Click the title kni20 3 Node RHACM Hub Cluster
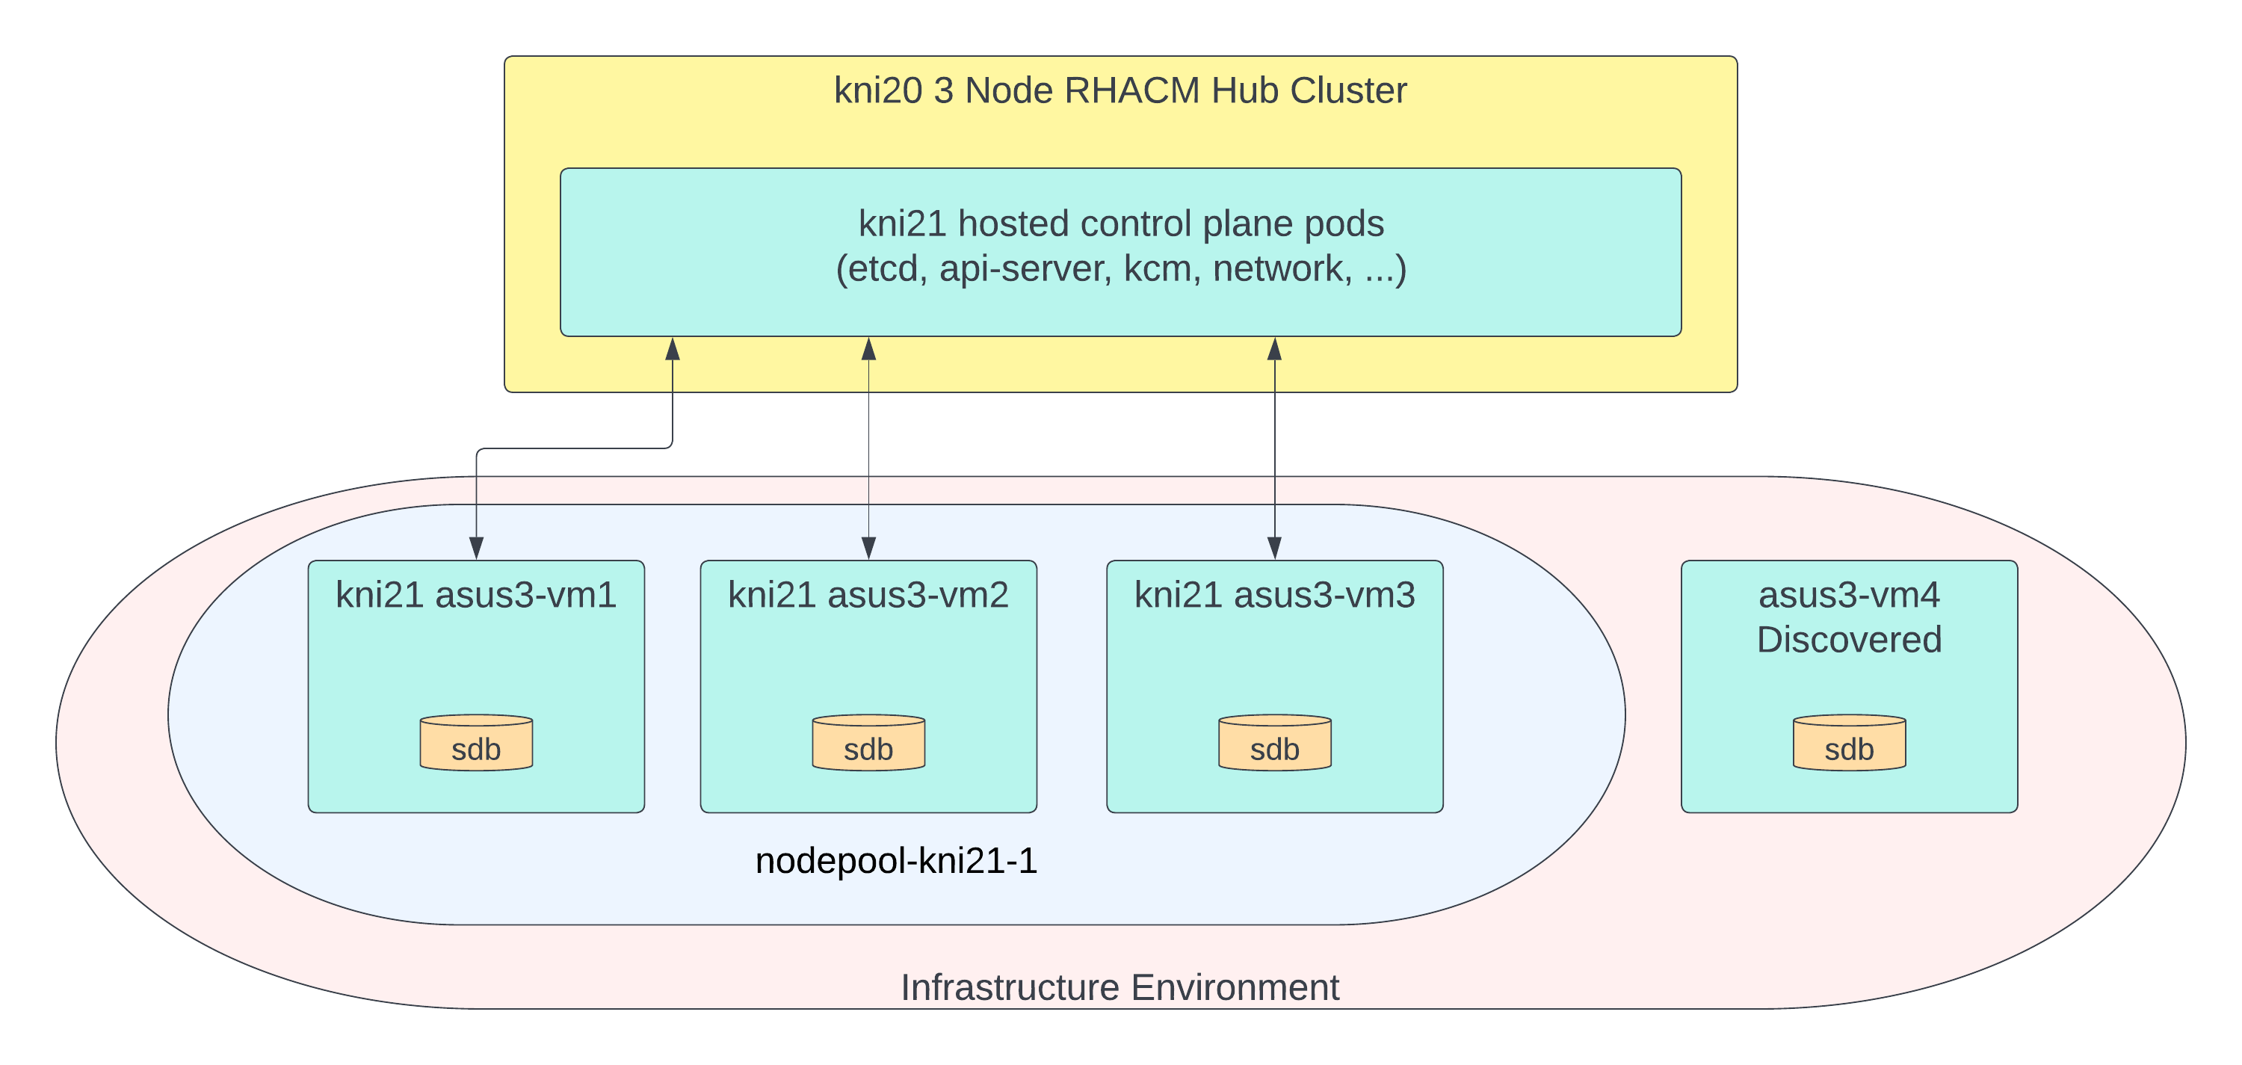coord(1120,90)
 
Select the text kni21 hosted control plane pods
coord(1120,223)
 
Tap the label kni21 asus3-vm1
coord(476,595)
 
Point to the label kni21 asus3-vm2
coord(868,595)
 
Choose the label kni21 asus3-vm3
coord(1274,595)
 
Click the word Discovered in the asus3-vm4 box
coord(1849,640)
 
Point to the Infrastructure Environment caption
coord(1120,987)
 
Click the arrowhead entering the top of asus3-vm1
coord(476,548)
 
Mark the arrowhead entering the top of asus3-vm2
coord(868,548)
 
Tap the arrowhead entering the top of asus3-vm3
coord(1274,548)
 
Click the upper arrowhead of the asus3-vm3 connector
coord(1274,349)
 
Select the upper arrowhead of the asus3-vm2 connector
coord(868,349)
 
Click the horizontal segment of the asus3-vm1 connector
coord(575,449)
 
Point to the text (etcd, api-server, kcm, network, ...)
coord(1120,269)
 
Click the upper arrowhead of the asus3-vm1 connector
coord(672,349)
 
